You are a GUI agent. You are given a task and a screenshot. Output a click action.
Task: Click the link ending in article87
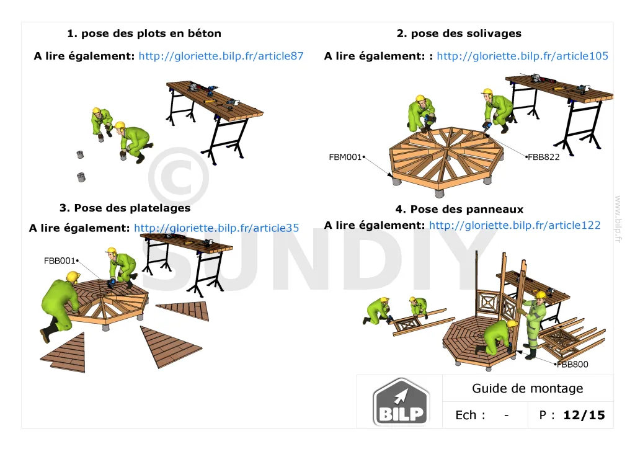click(221, 56)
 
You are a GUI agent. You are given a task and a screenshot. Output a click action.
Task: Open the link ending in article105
click(522, 56)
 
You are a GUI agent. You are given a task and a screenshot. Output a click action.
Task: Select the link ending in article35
click(216, 228)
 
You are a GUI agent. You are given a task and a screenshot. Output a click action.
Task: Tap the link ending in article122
click(515, 225)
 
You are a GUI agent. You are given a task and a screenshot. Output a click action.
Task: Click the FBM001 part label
click(345, 157)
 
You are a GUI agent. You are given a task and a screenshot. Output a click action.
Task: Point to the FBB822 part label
click(543, 157)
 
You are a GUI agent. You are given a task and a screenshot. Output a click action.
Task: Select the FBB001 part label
click(60, 260)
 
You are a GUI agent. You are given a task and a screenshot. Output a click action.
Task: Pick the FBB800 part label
click(572, 365)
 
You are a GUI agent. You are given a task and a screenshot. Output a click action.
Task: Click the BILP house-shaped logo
click(401, 402)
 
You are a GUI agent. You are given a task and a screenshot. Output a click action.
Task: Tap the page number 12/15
click(584, 415)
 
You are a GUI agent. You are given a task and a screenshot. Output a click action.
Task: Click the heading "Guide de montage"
click(527, 389)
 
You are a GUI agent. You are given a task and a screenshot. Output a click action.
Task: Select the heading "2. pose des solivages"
click(459, 33)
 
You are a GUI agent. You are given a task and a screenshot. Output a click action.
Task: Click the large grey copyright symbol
click(179, 177)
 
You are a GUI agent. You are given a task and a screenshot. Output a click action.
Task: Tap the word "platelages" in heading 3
click(162, 208)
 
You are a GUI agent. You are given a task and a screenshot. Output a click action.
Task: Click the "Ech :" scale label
click(470, 415)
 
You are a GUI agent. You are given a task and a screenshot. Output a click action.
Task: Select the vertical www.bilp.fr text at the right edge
click(618, 219)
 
